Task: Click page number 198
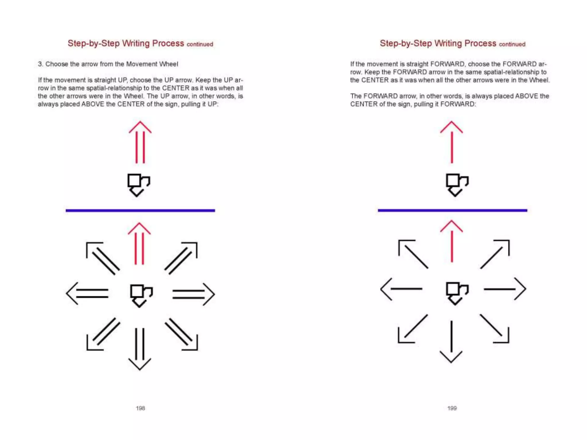140,408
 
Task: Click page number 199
452,408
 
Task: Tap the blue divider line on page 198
140,211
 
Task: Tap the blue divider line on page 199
452,210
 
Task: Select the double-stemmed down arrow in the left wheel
140,348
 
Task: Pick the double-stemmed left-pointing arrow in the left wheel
87,293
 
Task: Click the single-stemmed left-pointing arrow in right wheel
401,289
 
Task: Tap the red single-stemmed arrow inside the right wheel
452,241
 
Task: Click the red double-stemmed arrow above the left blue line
140,142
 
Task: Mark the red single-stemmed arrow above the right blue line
452,142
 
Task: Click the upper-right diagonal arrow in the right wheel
495,254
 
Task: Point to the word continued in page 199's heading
512,44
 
